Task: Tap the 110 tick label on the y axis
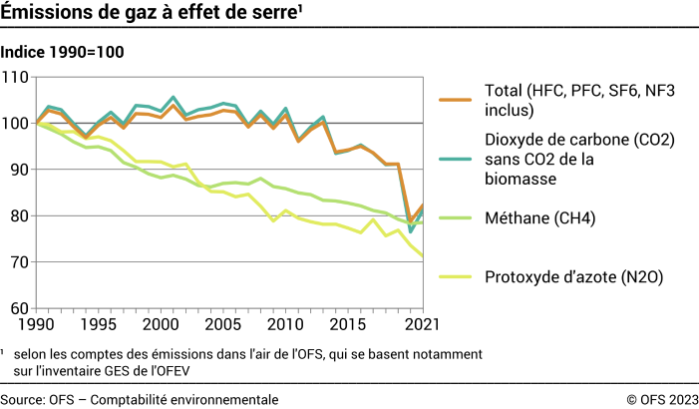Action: [17, 77]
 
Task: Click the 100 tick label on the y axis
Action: [17, 123]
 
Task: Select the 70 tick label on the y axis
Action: [21, 262]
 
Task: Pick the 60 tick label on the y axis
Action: [21, 308]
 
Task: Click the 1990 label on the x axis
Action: [36, 325]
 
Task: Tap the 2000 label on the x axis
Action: [160, 325]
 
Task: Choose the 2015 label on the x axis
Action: [345, 325]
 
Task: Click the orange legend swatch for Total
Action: [454, 101]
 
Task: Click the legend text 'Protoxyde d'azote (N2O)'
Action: [572, 277]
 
